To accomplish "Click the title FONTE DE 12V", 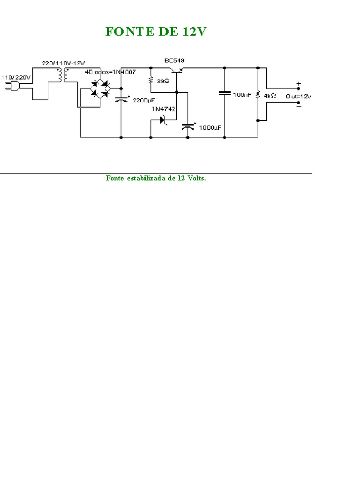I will (156, 31).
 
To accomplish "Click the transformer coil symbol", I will (62, 75).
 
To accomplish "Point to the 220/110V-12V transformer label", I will (63, 63).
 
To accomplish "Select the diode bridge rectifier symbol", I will (99, 89).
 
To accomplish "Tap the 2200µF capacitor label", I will (143, 100).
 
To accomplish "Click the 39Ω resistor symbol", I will (151, 81).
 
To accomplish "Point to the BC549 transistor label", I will (174, 61).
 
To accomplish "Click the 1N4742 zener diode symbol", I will (164, 120).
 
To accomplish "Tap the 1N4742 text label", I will (163, 109).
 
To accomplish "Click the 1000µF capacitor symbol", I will (188, 127).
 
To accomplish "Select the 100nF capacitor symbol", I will (225, 93).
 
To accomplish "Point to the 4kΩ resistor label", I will (270, 95).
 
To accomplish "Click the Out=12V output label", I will (298, 96).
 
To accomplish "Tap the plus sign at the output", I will (298, 84).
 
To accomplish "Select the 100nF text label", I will (242, 95).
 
